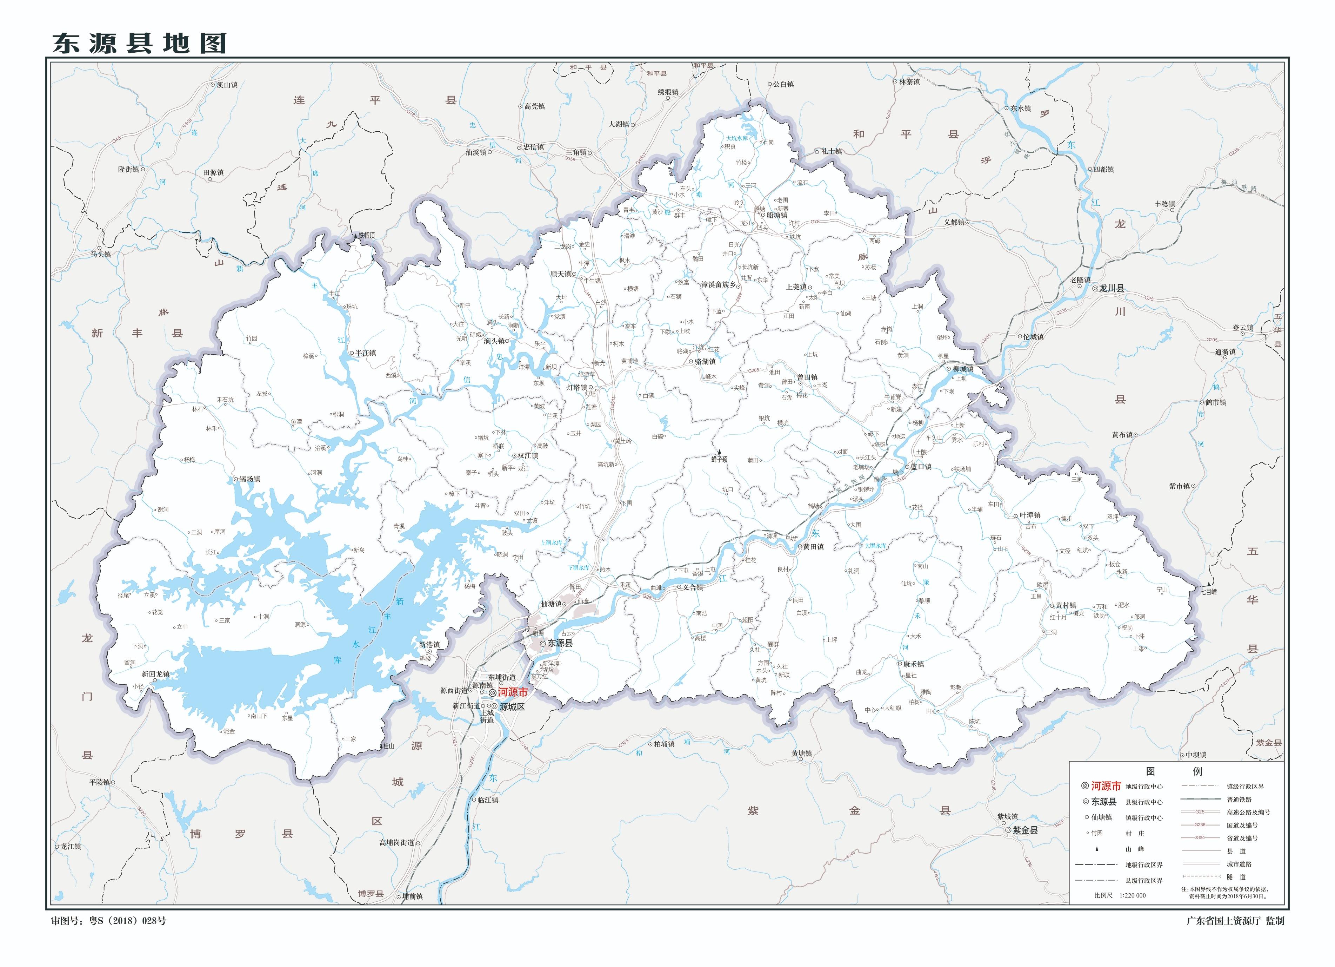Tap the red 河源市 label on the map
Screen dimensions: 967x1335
coord(513,692)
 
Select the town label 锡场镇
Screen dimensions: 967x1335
coord(249,479)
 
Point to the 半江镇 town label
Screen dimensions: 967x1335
coord(365,353)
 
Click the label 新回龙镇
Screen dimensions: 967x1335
coord(155,674)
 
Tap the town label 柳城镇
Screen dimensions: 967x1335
coord(963,369)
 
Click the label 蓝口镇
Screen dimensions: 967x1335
coord(921,466)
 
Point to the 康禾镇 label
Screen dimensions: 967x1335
coord(913,664)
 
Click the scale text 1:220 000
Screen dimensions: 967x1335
coord(1128,895)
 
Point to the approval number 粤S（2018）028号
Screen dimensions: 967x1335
coord(127,920)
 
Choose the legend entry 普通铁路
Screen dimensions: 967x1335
coord(1239,799)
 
